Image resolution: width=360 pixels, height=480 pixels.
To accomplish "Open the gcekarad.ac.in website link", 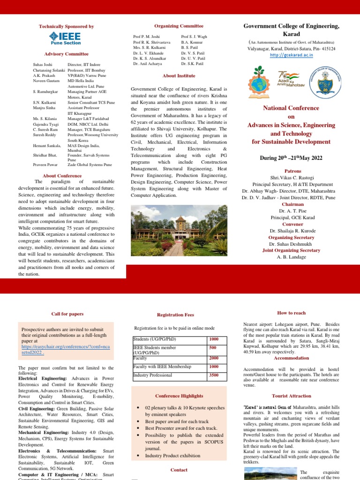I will [x=291, y=55].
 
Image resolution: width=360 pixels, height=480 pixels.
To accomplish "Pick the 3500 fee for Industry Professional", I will [x=214, y=375].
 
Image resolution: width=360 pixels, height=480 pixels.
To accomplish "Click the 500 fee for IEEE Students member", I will [x=214, y=348].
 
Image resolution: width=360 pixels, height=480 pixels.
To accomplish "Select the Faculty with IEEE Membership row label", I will [x=162, y=367].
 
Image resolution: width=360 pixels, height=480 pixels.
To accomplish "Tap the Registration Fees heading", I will [x=175, y=315].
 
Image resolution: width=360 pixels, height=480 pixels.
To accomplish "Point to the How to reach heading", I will [x=291, y=313].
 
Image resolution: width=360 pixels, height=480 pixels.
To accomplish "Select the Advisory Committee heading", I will [x=66, y=54].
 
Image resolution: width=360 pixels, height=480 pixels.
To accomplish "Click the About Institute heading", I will [x=179, y=75].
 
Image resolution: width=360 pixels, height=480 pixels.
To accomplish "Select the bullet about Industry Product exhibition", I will [x=172, y=455].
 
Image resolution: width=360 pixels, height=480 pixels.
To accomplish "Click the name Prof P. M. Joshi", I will [x=146, y=36].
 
